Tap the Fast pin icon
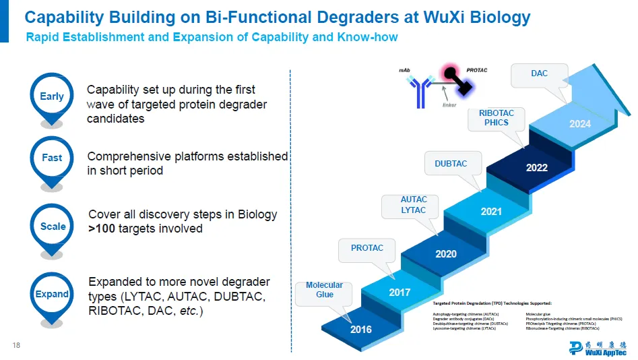52,158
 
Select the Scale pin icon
53,227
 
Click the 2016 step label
360,330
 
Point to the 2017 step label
400,293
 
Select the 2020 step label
446,254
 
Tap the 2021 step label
491,212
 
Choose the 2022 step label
537,167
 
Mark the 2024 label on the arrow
579,124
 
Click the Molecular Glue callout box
324,290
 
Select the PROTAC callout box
367,248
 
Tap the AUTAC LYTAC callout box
414,205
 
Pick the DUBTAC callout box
451,164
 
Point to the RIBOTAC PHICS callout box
497,118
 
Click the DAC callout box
540,73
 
